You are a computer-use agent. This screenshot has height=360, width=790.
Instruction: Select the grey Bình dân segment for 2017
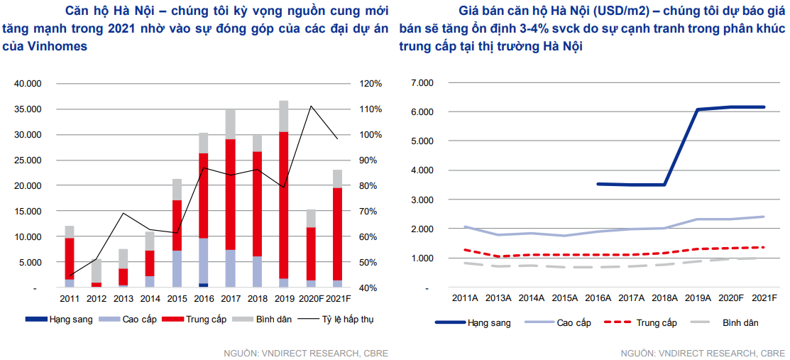coord(230,124)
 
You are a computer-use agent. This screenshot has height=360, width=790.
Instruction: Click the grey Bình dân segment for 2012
coord(97,271)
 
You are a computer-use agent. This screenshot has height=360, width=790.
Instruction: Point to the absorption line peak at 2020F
coord(310,107)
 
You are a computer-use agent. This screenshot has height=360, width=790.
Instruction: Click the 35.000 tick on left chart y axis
coord(28,109)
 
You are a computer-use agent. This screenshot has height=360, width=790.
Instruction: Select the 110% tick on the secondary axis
coord(371,109)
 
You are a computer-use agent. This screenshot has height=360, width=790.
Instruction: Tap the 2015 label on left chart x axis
coord(177,299)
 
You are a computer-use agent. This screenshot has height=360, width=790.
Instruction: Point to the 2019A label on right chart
coord(698,299)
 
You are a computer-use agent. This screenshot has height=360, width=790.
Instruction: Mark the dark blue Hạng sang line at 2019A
coord(698,109)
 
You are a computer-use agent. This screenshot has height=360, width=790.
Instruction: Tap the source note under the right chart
coord(701,353)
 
